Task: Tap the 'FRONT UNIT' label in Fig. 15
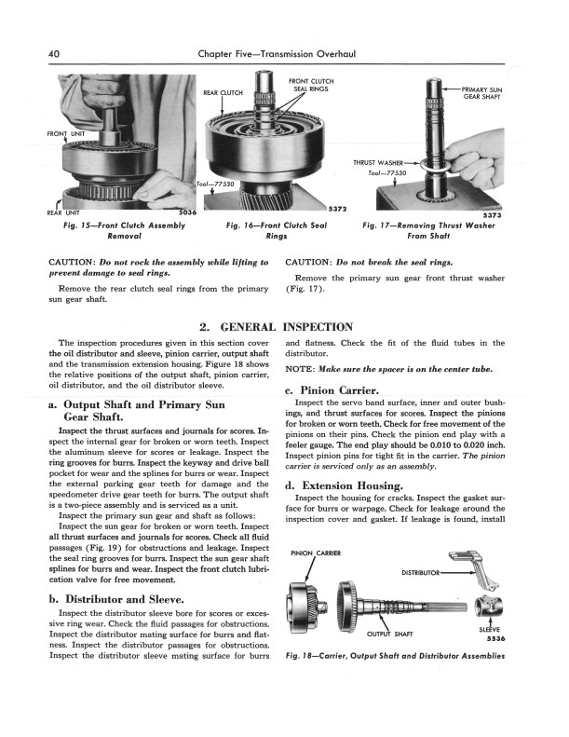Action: [69, 134]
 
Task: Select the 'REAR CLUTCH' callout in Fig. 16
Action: [223, 93]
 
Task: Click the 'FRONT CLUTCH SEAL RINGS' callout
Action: [312, 85]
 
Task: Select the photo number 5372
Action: [341, 208]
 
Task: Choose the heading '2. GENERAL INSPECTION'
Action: [276, 327]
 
